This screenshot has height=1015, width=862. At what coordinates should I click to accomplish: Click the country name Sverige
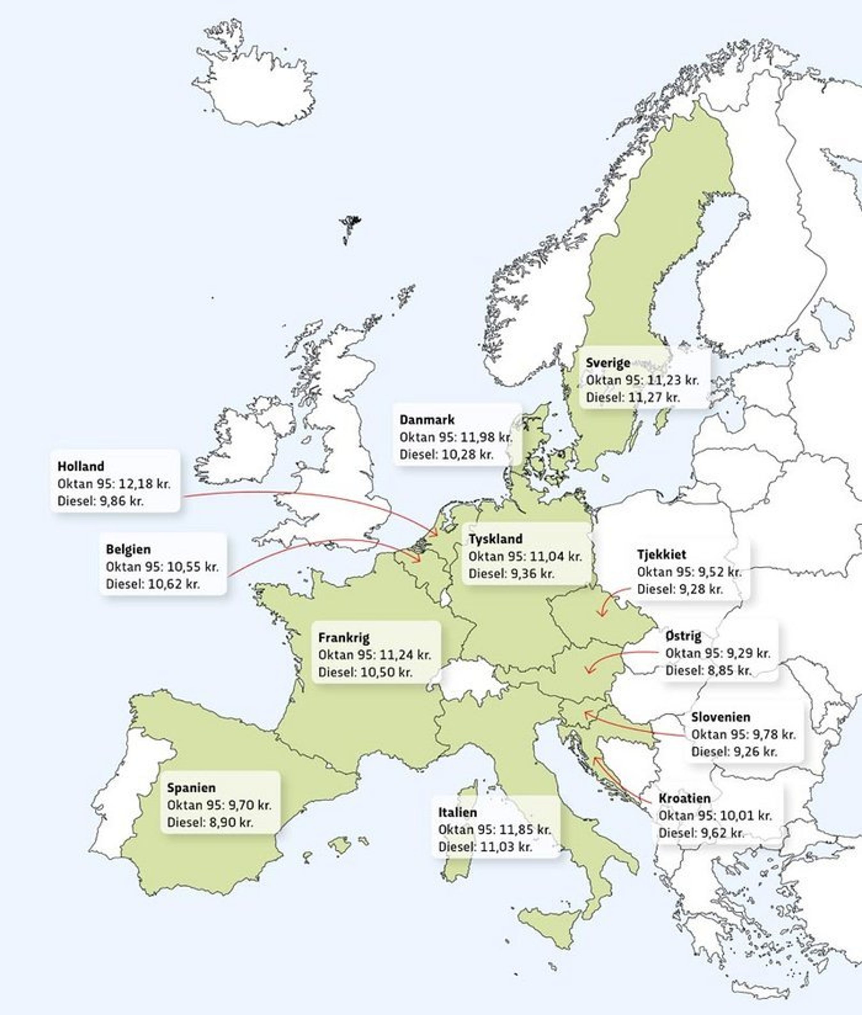(607, 363)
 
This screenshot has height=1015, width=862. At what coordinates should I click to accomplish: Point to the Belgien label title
(128, 549)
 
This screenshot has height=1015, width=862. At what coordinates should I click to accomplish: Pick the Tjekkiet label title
(661, 554)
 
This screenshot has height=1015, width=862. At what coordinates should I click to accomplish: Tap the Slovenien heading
(720, 717)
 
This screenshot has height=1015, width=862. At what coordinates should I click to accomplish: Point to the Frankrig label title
(343, 637)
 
